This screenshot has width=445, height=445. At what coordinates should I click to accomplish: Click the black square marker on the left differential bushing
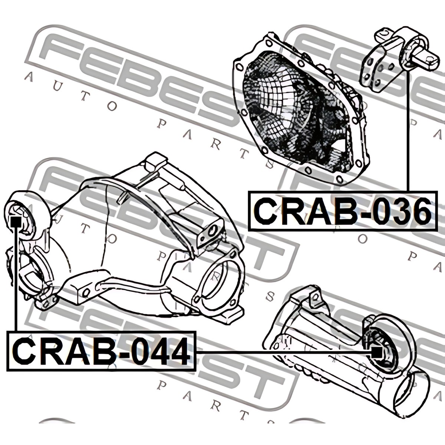click(16, 222)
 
